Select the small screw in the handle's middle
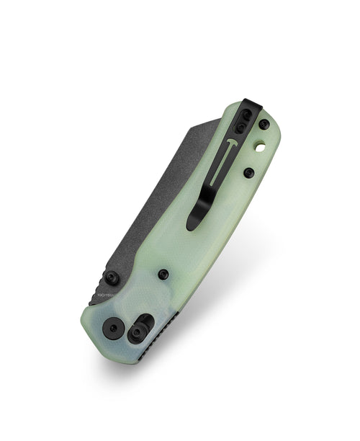coord(163,274)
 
